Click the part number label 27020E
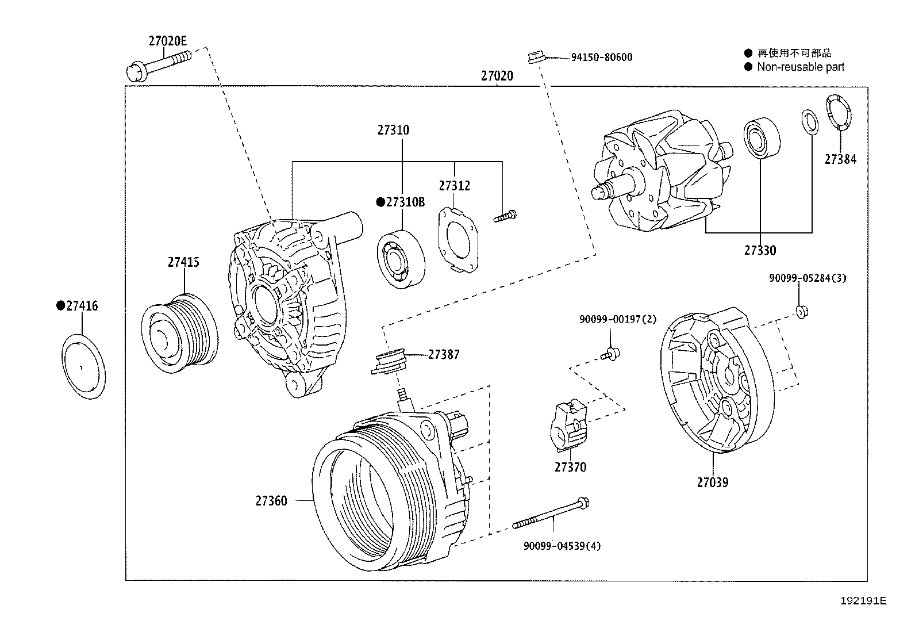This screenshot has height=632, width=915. tap(167, 41)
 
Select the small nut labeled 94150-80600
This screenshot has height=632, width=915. tap(535, 57)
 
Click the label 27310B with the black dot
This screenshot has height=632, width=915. tap(401, 202)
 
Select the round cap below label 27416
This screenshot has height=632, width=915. tap(84, 367)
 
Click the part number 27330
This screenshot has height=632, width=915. tap(760, 251)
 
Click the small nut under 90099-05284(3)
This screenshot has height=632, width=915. tap(802, 312)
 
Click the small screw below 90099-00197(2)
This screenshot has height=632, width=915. tap(612, 353)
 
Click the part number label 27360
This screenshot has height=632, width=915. tap(271, 501)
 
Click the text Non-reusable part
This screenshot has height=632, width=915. tap(800, 67)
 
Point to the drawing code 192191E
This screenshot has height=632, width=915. tap(863, 601)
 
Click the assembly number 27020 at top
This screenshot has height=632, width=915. tap(497, 76)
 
